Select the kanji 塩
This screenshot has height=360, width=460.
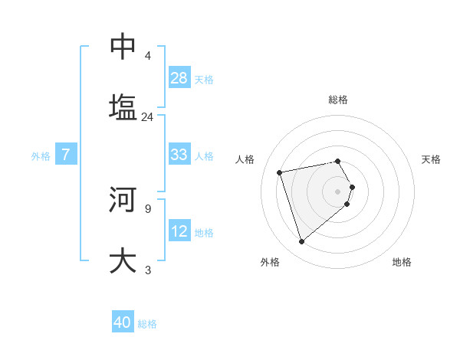123,106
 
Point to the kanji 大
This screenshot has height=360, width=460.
123,260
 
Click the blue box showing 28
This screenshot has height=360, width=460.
179,78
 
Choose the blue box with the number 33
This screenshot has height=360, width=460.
179,155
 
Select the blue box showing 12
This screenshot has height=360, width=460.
179,231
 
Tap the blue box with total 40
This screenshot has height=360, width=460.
123,322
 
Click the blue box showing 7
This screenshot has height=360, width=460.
66,155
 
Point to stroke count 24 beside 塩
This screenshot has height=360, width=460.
147,117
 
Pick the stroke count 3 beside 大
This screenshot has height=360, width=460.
147,270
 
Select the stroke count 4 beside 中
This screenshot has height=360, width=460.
147,56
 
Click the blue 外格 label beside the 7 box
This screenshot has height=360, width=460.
41,155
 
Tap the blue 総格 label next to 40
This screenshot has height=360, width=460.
147,324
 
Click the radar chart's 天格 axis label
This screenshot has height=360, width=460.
431,159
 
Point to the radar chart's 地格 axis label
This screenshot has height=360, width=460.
402,262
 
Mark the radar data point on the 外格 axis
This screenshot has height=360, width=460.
302,242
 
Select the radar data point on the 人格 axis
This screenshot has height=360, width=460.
280,172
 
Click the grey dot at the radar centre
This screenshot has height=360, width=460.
338,191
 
